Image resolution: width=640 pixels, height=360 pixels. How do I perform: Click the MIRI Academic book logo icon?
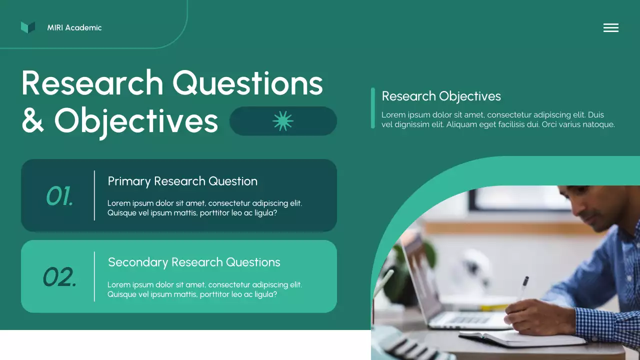point(28,27)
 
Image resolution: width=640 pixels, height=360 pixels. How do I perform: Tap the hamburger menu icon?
point(610,28)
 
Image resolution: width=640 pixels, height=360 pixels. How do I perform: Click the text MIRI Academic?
point(74,28)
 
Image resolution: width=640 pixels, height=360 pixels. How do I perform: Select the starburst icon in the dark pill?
point(283,121)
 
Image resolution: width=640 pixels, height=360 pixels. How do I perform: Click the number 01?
point(59,196)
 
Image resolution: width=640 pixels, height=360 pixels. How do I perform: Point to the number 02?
point(59,277)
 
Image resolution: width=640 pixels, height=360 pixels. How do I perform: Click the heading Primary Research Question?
point(182,181)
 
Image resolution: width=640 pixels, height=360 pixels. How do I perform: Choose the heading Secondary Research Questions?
point(194,262)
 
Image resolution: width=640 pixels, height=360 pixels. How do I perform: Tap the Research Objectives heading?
point(441,96)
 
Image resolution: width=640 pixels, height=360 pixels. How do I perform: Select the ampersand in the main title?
point(33,121)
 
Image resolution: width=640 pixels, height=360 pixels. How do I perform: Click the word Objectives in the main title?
point(136,121)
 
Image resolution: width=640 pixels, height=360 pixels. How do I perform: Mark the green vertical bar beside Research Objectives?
point(373,108)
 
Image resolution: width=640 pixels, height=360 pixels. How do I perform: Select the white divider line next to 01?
point(94,195)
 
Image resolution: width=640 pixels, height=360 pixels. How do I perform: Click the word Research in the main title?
point(92,83)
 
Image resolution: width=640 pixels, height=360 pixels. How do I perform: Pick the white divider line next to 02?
point(94,276)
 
